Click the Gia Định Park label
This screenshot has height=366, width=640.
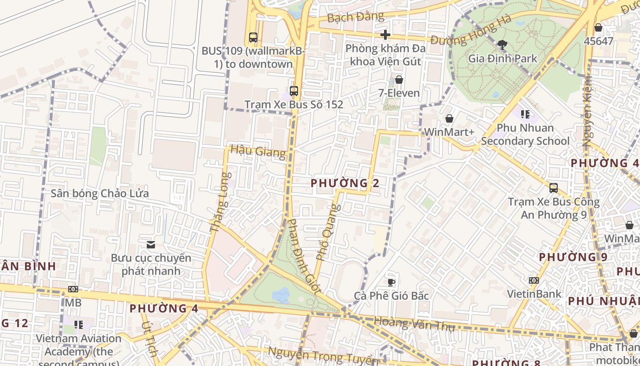click(502, 59)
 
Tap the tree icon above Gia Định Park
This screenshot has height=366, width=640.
click(502, 44)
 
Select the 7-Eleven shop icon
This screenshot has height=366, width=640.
click(399, 80)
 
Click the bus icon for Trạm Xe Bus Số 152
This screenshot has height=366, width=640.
click(293, 91)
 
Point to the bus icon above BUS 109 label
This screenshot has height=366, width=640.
click(253, 37)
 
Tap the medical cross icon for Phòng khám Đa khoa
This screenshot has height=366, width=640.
click(385, 34)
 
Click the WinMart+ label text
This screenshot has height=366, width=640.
click(449, 132)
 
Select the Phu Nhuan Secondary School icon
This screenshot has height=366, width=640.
click(525, 114)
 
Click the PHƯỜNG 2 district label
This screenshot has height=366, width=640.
click(345, 183)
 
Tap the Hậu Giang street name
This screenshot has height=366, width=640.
click(258, 151)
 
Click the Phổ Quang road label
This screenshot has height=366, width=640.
click(329, 232)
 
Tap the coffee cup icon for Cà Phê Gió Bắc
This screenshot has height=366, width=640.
click(391, 282)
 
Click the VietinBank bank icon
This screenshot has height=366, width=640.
click(533, 280)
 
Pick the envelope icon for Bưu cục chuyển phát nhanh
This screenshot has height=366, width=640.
click(151, 245)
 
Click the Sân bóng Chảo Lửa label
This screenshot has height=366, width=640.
click(100, 193)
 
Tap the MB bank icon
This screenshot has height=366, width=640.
click(73, 289)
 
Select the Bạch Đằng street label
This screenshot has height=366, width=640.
click(356, 17)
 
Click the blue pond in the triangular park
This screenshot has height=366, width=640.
click(280, 295)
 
